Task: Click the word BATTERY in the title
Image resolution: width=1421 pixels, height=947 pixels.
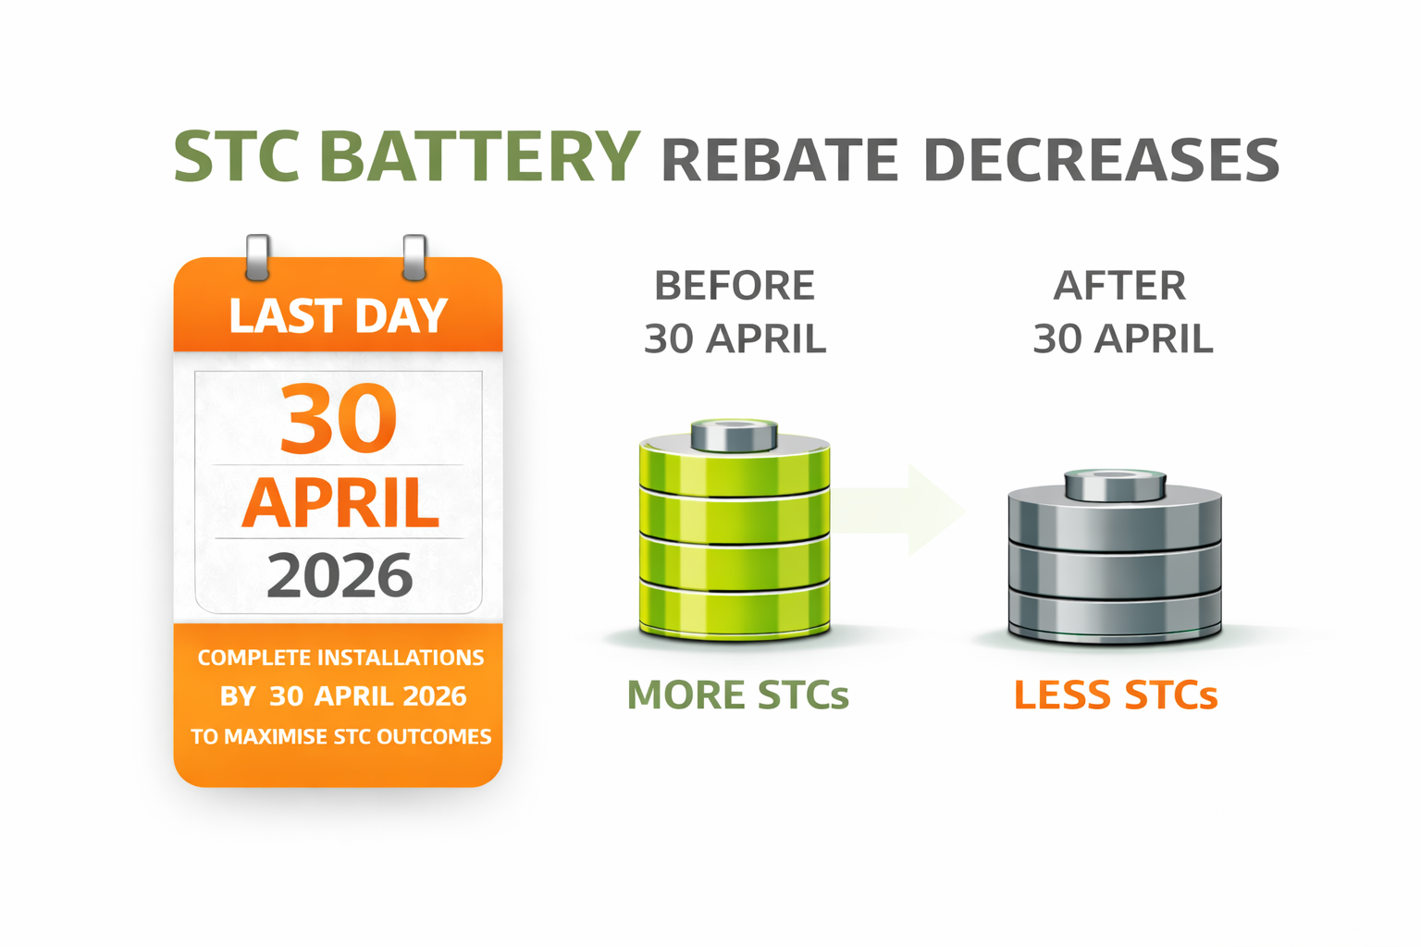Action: point(479,156)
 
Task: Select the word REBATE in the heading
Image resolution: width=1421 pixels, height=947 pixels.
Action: point(780,160)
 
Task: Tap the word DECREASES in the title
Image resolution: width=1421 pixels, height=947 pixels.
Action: point(1101,160)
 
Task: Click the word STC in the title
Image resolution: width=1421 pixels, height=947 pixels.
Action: point(237,156)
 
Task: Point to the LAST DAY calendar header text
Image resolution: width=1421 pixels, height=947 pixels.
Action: point(338,315)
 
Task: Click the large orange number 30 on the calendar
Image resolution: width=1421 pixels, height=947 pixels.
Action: point(338,418)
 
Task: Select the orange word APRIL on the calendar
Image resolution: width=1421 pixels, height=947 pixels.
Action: point(340,502)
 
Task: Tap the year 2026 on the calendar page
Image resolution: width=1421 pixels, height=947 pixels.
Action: point(340,574)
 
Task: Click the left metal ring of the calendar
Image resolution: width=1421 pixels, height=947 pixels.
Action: point(257,257)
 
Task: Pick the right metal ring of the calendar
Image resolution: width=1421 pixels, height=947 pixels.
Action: point(414,257)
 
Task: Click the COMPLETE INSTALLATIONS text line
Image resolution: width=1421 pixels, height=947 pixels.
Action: point(340,658)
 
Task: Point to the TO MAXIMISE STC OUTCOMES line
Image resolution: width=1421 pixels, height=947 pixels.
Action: point(340,736)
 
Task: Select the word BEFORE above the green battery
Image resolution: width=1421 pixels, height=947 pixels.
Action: point(735,286)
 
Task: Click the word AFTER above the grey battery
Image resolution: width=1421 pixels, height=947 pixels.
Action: point(1119,286)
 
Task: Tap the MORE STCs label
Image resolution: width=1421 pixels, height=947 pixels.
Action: point(737,695)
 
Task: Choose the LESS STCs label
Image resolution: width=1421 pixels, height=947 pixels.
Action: point(1116,695)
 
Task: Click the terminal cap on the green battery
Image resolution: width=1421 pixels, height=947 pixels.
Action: point(734,436)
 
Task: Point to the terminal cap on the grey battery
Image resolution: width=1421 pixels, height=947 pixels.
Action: point(1115,486)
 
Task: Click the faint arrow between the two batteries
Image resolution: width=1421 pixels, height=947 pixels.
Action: point(897,510)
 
